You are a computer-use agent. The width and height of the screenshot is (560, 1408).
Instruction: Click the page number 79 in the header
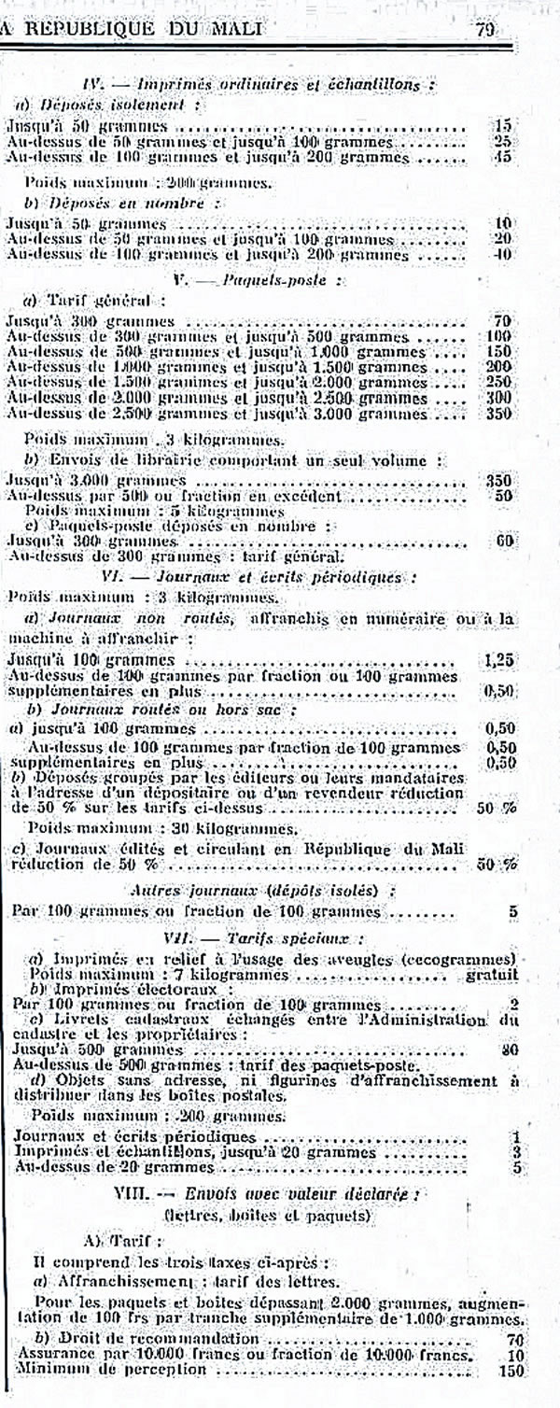(485, 28)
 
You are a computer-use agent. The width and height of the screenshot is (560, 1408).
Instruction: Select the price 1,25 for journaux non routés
(501, 659)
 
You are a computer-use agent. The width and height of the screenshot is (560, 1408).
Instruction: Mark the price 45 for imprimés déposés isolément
(503, 158)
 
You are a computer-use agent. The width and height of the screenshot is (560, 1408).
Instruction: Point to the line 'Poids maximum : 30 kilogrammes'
(162, 828)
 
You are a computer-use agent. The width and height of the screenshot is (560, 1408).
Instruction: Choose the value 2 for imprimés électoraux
(513, 1005)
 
